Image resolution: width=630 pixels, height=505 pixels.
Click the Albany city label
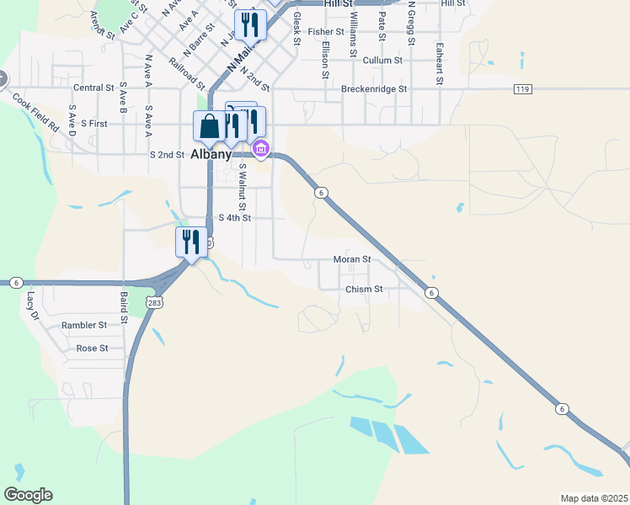[211, 155]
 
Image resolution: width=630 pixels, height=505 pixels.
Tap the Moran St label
[351, 259]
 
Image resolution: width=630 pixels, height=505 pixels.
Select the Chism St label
[364, 289]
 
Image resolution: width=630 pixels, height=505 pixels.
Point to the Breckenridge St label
[374, 88]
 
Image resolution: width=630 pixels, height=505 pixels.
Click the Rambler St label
[84, 325]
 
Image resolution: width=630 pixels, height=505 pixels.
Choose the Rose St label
[92, 348]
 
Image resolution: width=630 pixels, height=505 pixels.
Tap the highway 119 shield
[522, 88]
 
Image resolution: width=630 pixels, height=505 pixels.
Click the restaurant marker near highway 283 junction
[191, 242]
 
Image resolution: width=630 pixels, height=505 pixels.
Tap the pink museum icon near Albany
[261, 150]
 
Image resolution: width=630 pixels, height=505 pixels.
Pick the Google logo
[28, 495]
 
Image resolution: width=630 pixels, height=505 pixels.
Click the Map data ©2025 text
[594, 498]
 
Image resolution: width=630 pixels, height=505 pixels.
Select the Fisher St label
[326, 32]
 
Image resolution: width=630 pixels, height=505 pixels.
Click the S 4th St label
[235, 217]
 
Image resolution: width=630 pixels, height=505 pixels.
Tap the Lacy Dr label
[33, 306]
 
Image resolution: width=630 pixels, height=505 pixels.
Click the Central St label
[93, 88]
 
